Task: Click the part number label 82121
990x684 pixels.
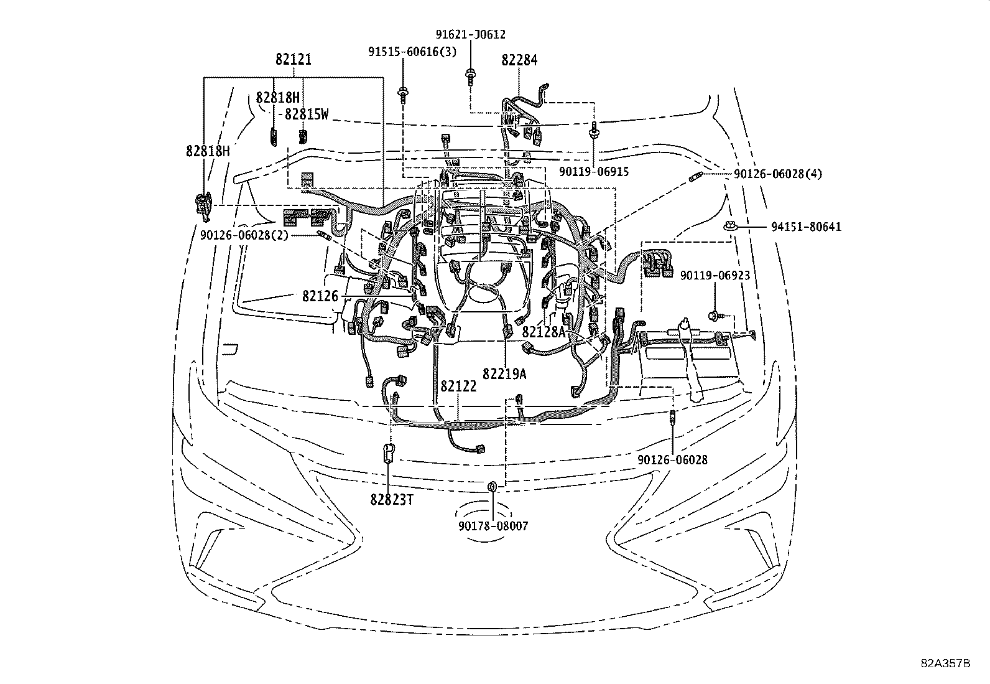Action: (x=294, y=60)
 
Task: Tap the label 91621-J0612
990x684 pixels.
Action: (x=470, y=35)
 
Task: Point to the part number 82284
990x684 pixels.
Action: (x=519, y=60)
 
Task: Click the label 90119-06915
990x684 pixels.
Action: (x=593, y=172)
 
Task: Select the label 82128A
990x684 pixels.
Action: (x=544, y=332)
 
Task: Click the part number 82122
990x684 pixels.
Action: (x=458, y=387)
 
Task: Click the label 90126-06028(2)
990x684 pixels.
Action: (x=244, y=235)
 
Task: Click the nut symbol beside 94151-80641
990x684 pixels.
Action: (x=729, y=227)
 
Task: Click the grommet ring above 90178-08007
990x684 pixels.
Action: (x=491, y=485)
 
